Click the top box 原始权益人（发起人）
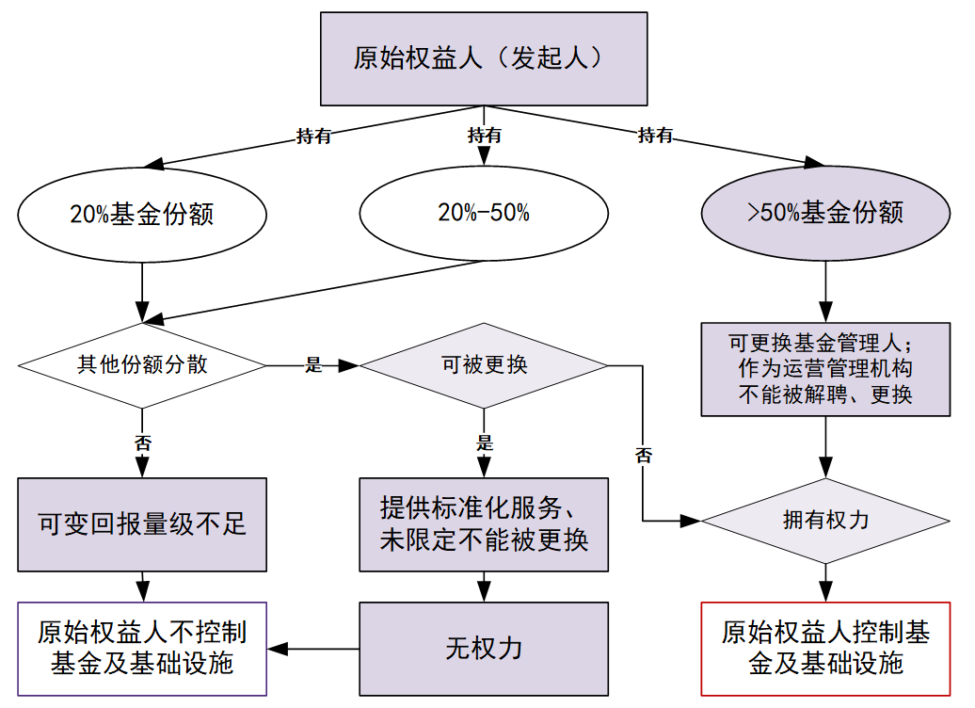pos(485,58)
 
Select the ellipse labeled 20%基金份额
pos(141,214)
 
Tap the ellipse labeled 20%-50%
pos(484,213)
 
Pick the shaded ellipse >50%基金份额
pos(825,213)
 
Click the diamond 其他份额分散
pos(141,365)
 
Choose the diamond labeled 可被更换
pos(484,365)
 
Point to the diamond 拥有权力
pos(825,520)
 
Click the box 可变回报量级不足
pos(142,524)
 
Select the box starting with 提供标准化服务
pos(484,524)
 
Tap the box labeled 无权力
pos(484,649)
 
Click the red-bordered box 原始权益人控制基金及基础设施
pos(825,649)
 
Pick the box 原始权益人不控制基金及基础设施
pos(142,649)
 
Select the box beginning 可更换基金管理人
pos(825,368)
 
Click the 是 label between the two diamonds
pos(313,365)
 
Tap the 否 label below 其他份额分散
pos(142,442)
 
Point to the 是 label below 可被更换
pos(484,442)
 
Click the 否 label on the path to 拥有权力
pos(644,456)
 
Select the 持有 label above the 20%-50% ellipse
pos(485,136)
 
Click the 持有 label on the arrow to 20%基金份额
pos(313,136)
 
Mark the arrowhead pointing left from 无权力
pos(279,649)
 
